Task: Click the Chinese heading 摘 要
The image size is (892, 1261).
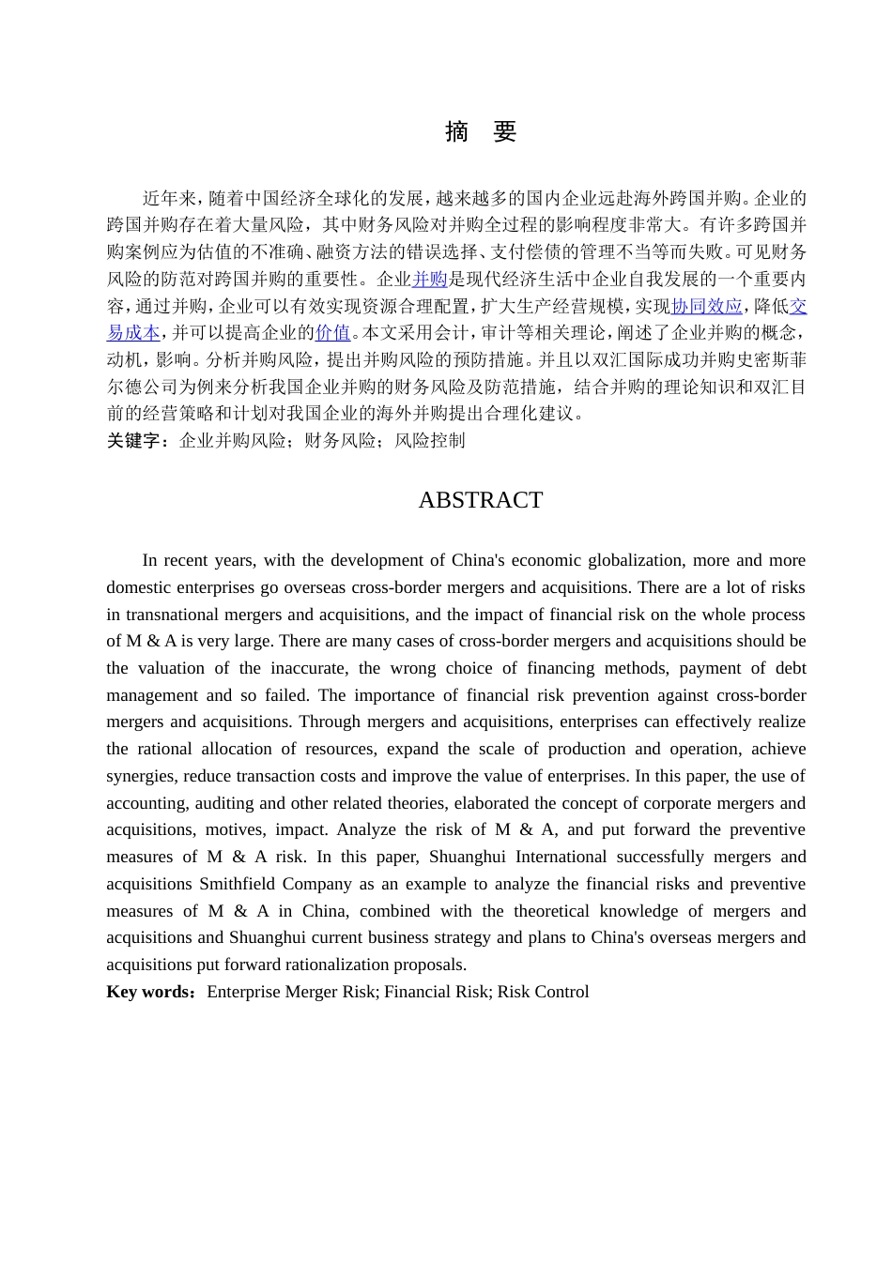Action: click(x=481, y=132)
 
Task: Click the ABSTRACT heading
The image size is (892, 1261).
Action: click(x=481, y=500)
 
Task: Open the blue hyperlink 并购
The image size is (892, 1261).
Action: click(x=430, y=280)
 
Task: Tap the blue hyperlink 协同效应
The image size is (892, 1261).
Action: click(x=706, y=307)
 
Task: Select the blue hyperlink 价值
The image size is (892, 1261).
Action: click(x=332, y=333)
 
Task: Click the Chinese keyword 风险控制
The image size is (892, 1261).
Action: click(x=430, y=441)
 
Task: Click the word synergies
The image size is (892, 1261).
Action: click(x=140, y=777)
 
